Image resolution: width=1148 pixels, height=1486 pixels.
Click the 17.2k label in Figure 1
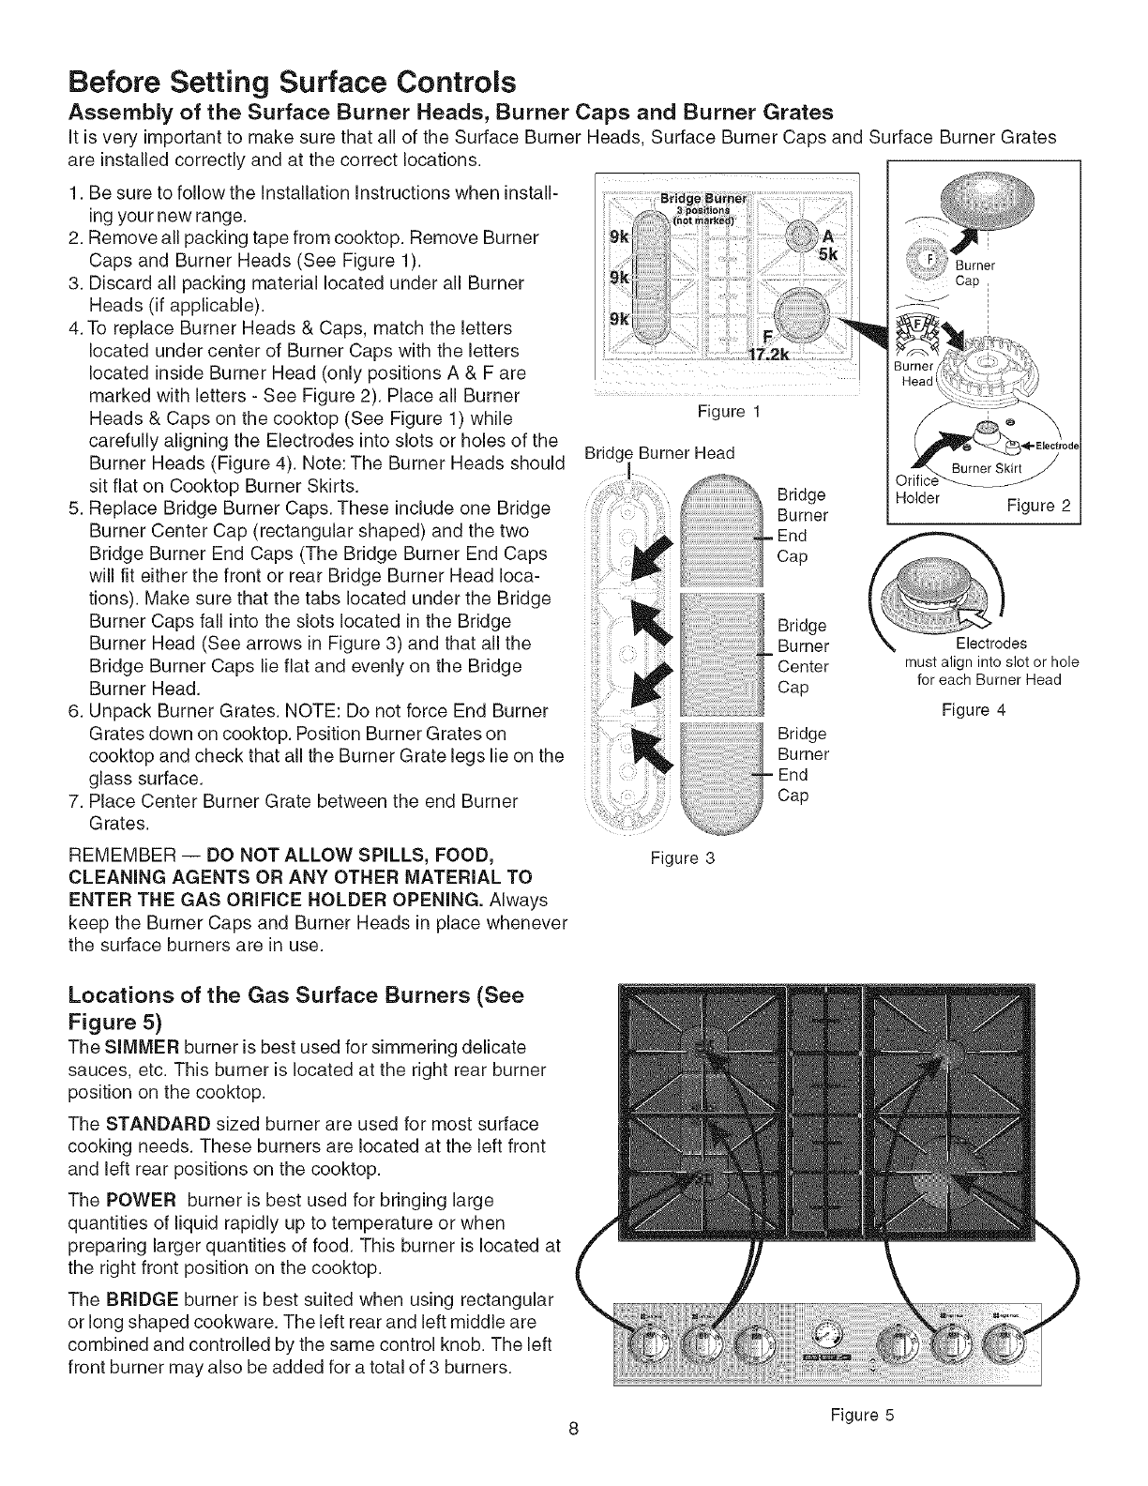click(x=771, y=353)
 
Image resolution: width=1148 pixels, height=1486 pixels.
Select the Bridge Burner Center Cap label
click(x=804, y=657)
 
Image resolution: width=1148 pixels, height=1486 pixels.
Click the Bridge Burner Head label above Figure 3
click(x=658, y=454)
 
